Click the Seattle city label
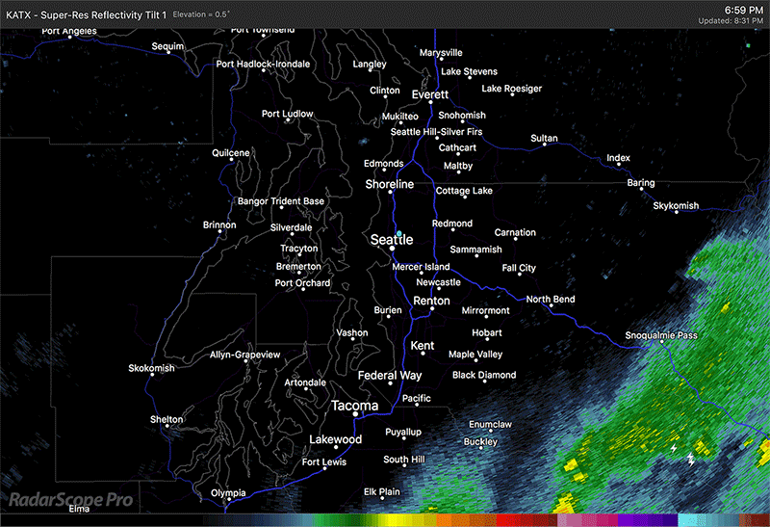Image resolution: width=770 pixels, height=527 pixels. tap(392, 239)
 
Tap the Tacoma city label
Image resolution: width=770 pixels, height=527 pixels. tap(354, 406)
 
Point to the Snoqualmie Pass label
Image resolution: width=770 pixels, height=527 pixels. tap(661, 335)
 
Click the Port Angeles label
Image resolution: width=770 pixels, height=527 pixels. tap(69, 32)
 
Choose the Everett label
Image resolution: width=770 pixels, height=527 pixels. tap(429, 94)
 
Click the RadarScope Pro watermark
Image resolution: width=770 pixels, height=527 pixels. tap(71, 500)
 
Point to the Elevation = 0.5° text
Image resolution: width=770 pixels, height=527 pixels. tap(221, 14)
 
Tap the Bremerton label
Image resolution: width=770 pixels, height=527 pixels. tap(298, 266)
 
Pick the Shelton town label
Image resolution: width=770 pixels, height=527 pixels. tap(167, 419)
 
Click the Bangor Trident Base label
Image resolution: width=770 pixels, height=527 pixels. tap(281, 201)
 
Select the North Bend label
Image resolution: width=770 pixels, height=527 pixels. tap(551, 300)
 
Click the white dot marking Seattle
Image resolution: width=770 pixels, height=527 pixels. tap(392, 249)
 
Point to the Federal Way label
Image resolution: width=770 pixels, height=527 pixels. tap(390, 375)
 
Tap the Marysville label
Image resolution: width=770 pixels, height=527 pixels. tap(441, 52)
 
